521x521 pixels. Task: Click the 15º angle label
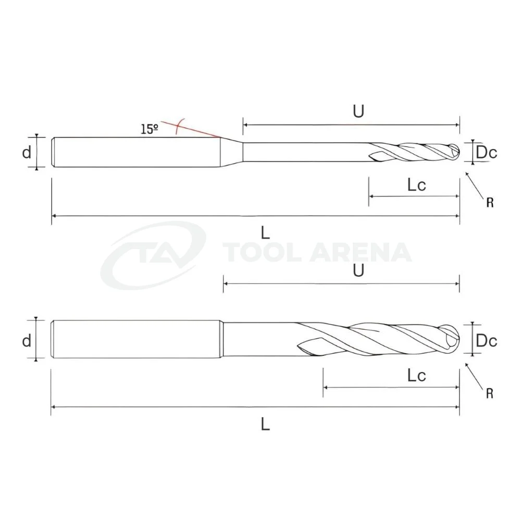[x=150, y=129]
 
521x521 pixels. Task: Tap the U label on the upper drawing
[x=358, y=111]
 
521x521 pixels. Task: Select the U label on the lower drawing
[x=358, y=270]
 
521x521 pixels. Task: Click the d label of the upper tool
[x=27, y=153]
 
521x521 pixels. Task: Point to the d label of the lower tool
[x=27, y=341]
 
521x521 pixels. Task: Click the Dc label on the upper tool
[x=487, y=153]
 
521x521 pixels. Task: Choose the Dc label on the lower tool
[x=487, y=341]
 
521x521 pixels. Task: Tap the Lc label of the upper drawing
[x=417, y=185]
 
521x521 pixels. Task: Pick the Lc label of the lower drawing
[x=417, y=376]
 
